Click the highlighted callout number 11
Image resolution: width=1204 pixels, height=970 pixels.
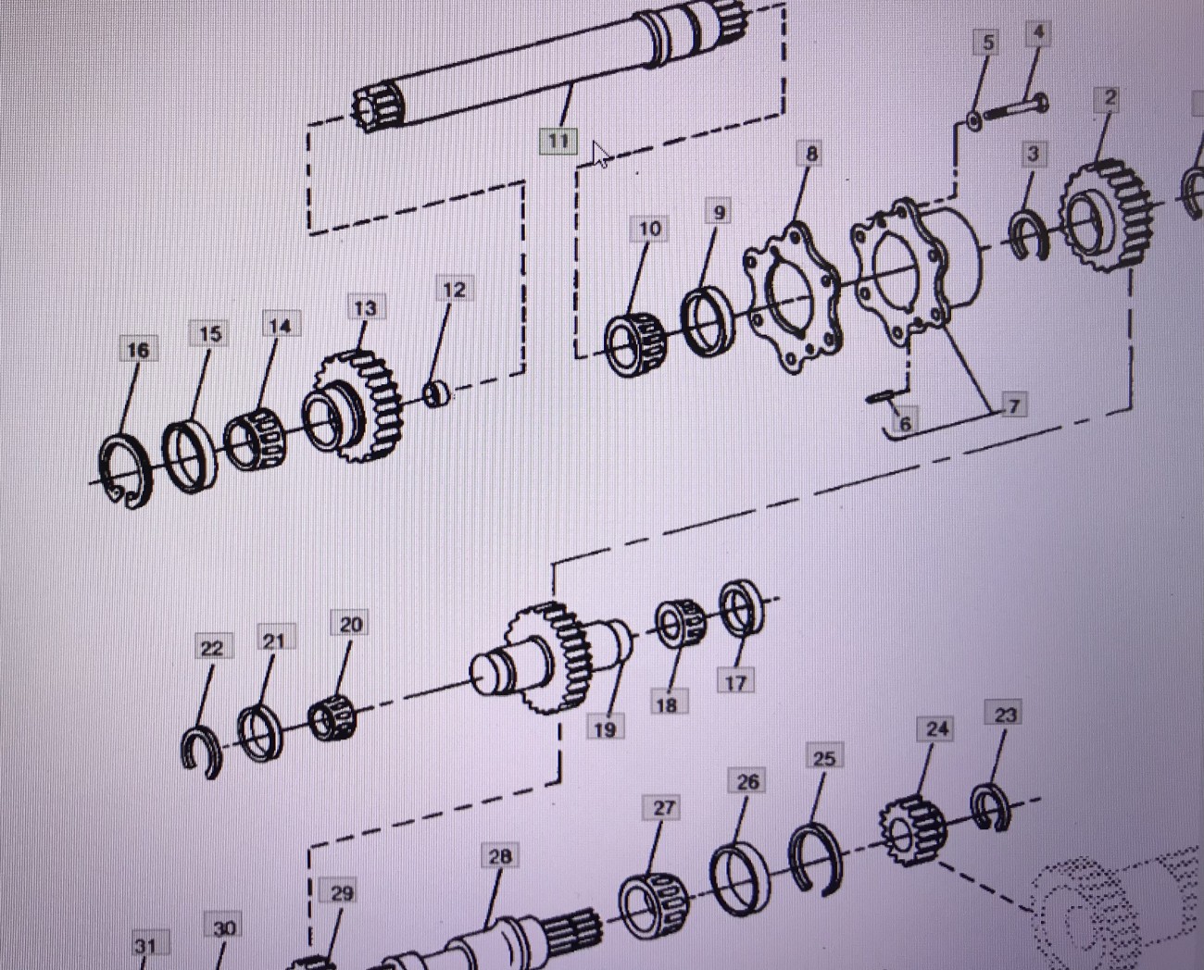click(x=558, y=141)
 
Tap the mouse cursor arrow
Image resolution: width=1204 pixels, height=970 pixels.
click(x=601, y=155)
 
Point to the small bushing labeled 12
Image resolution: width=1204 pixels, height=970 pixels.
click(x=437, y=394)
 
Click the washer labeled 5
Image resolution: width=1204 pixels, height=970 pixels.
click(x=974, y=120)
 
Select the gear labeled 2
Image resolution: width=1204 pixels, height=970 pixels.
click(x=1106, y=216)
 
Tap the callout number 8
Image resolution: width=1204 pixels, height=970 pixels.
click(x=811, y=154)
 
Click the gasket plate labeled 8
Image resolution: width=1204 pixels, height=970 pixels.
click(x=793, y=297)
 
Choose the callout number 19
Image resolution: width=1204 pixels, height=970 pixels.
click(x=604, y=729)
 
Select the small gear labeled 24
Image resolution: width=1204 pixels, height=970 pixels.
click(x=913, y=831)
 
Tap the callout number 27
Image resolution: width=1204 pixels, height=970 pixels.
click(x=662, y=808)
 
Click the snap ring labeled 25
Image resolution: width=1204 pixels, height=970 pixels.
click(x=815, y=857)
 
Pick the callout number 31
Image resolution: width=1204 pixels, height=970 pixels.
click(x=144, y=946)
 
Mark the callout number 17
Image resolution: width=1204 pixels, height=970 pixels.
click(x=735, y=683)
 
